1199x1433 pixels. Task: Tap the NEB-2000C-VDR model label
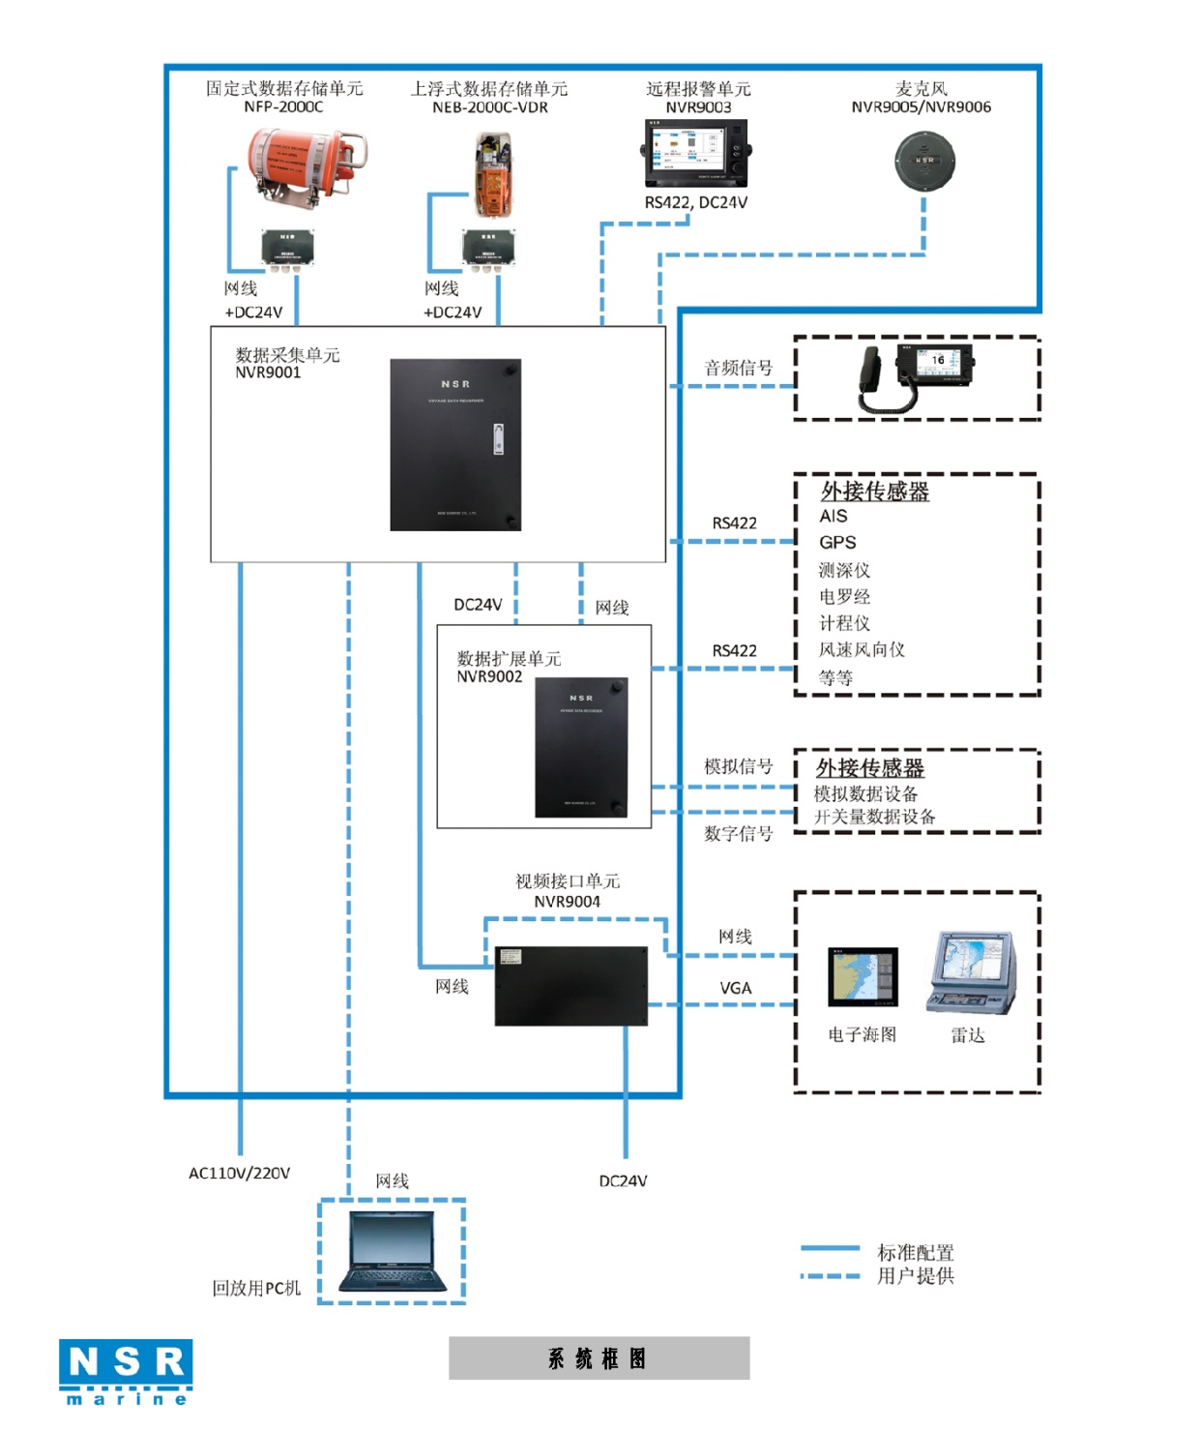(x=489, y=107)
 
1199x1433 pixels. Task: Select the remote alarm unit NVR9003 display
(x=695, y=153)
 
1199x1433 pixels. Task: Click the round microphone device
(x=924, y=161)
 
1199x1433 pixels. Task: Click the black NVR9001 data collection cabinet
(x=455, y=445)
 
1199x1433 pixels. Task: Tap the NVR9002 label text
(x=489, y=677)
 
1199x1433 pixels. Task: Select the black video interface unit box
(x=570, y=986)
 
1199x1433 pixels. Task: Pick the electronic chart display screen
(x=863, y=977)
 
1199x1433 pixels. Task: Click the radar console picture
(x=971, y=972)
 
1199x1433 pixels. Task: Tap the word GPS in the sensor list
(x=837, y=543)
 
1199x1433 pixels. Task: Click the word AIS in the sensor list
(x=833, y=517)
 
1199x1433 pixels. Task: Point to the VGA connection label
(x=735, y=988)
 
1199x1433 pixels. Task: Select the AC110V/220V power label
(x=239, y=1173)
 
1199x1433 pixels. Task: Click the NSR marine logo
(x=126, y=1371)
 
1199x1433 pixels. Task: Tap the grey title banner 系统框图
(x=599, y=1358)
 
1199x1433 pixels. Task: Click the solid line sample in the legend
(x=830, y=1249)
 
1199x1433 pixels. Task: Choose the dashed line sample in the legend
(x=830, y=1276)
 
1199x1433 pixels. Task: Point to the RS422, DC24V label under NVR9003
(x=695, y=203)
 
